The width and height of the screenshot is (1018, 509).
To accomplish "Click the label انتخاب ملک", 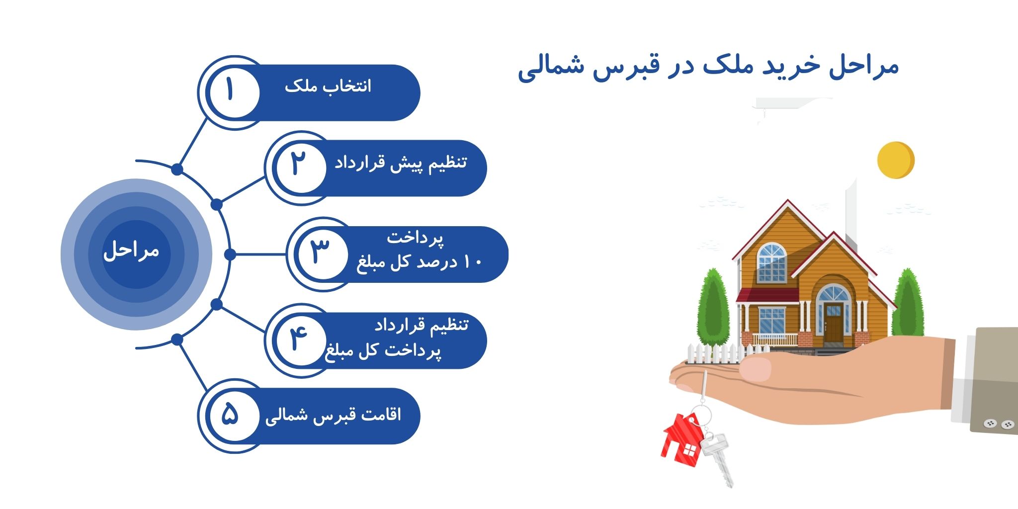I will [328, 86].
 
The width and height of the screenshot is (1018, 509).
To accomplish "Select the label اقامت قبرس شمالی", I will [333, 415].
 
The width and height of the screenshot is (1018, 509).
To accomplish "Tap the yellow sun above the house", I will [896, 160].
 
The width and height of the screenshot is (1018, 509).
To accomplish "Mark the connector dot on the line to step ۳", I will [230, 254].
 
